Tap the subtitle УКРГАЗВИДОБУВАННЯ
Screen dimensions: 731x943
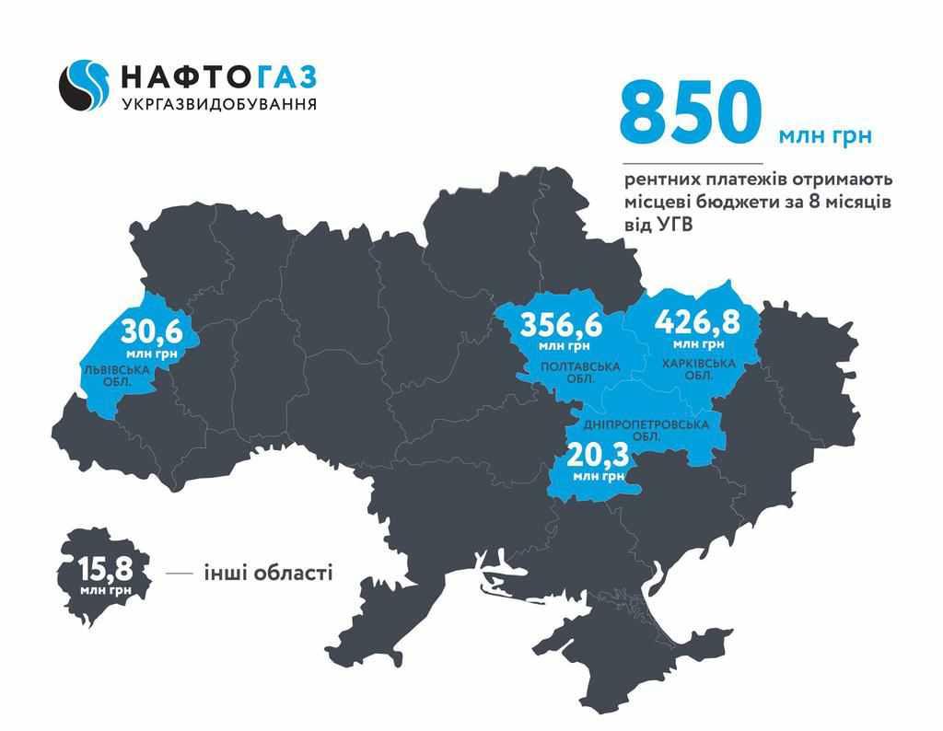point(219,104)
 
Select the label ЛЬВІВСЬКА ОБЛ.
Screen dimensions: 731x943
point(113,373)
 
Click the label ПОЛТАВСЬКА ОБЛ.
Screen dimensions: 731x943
point(580,373)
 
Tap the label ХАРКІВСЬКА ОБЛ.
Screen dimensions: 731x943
point(699,368)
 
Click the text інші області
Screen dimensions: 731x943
point(268,574)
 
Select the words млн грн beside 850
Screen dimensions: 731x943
point(824,136)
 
